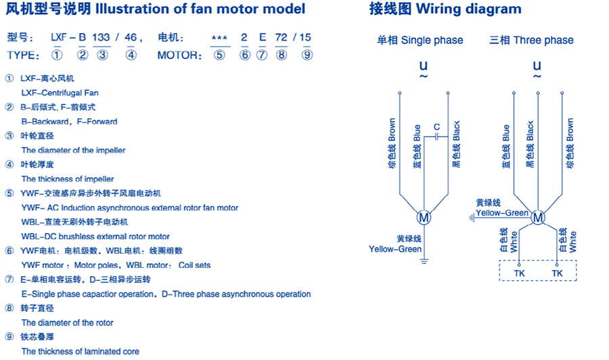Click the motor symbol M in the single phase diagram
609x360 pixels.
pos(424,218)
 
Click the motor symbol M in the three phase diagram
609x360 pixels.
pos(538,218)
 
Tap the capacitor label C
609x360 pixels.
pos(436,127)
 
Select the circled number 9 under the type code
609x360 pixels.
pos(307,55)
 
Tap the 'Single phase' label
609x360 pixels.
pos(432,41)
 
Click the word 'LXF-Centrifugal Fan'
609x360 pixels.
pos(60,93)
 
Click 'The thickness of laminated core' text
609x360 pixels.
pos(80,351)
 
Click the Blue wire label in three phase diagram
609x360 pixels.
pos(506,142)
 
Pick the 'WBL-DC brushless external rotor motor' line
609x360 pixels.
pos(95,236)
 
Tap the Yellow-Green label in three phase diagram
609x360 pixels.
pos(502,213)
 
